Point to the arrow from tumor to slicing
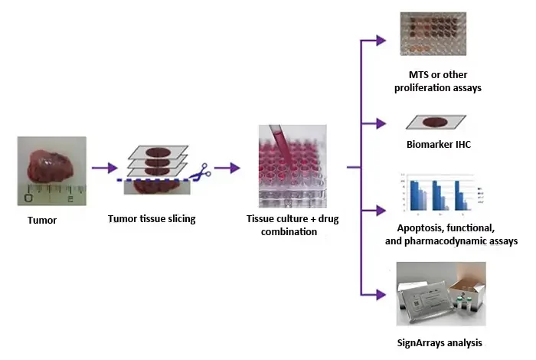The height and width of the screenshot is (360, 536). point(105,166)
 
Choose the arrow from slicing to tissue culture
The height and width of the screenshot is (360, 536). point(227,166)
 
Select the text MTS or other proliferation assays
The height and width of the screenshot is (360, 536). point(435,82)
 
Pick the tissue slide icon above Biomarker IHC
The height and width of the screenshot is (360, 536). point(435,123)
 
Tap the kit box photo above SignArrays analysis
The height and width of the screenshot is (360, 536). point(440,294)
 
